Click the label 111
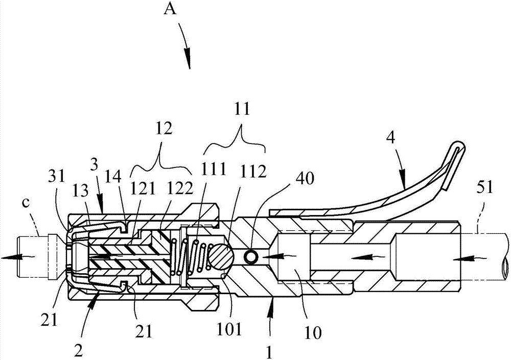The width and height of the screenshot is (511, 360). pyautogui.click(x=214, y=170)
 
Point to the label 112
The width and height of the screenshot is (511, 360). pyautogui.click(x=253, y=170)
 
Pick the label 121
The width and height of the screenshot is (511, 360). pyautogui.click(x=144, y=188)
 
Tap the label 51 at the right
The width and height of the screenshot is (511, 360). pyautogui.click(x=485, y=188)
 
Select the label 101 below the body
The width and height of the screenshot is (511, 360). pyautogui.click(x=230, y=330)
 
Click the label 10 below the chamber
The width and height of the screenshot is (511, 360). pyautogui.click(x=314, y=332)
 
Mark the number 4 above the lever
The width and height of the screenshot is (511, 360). pyautogui.click(x=391, y=138)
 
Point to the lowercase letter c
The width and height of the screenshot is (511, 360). pyautogui.click(x=26, y=202)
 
